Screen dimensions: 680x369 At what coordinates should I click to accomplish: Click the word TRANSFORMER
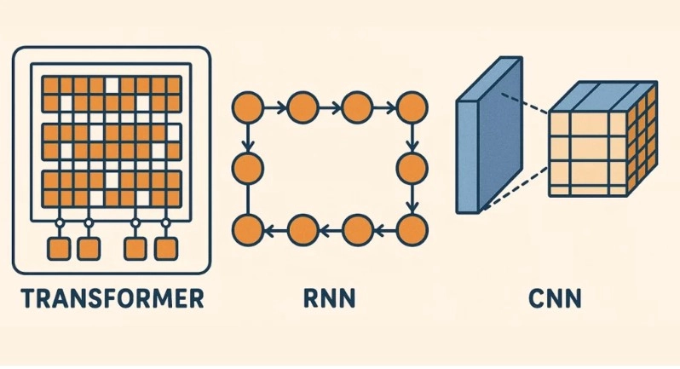click(x=112, y=298)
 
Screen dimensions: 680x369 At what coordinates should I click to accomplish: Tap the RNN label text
click(x=330, y=298)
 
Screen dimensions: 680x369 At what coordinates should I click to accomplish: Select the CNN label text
click(x=555, y=298)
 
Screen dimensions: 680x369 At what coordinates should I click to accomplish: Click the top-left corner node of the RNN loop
click(x=248, y=107)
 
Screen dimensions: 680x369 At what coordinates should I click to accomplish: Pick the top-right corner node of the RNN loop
click(x=412, y=107)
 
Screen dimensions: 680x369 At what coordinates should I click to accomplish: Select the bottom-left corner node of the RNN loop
click(x=248, y=230)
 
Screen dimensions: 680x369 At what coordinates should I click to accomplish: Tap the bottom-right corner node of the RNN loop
click(x=412, y=230)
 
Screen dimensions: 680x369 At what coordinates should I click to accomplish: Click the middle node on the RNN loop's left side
click(x=248, y=168)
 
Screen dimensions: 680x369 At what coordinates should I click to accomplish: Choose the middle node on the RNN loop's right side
click(x=412, y=168)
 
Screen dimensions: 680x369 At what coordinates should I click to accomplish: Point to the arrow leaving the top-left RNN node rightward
click(x=275, y=107)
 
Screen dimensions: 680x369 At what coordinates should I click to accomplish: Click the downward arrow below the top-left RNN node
click(x=248, y=138)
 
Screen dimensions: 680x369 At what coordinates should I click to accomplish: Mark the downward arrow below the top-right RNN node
click(x=412, y=138)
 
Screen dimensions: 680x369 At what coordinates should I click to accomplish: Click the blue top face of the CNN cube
click(x=603, y=96)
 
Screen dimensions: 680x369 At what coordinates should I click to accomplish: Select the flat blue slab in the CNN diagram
click(x=489, y=135)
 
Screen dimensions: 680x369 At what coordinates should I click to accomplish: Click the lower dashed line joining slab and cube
click(x=516, y=188)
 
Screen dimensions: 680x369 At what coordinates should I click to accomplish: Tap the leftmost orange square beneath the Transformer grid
click(x=59, y=249)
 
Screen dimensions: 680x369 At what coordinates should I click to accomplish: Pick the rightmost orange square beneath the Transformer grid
click(x=165, y=249)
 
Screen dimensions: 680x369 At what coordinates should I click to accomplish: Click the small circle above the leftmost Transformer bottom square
click(x=59, y=223)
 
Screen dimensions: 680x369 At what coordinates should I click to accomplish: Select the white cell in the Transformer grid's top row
click(x=112, y=85)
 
